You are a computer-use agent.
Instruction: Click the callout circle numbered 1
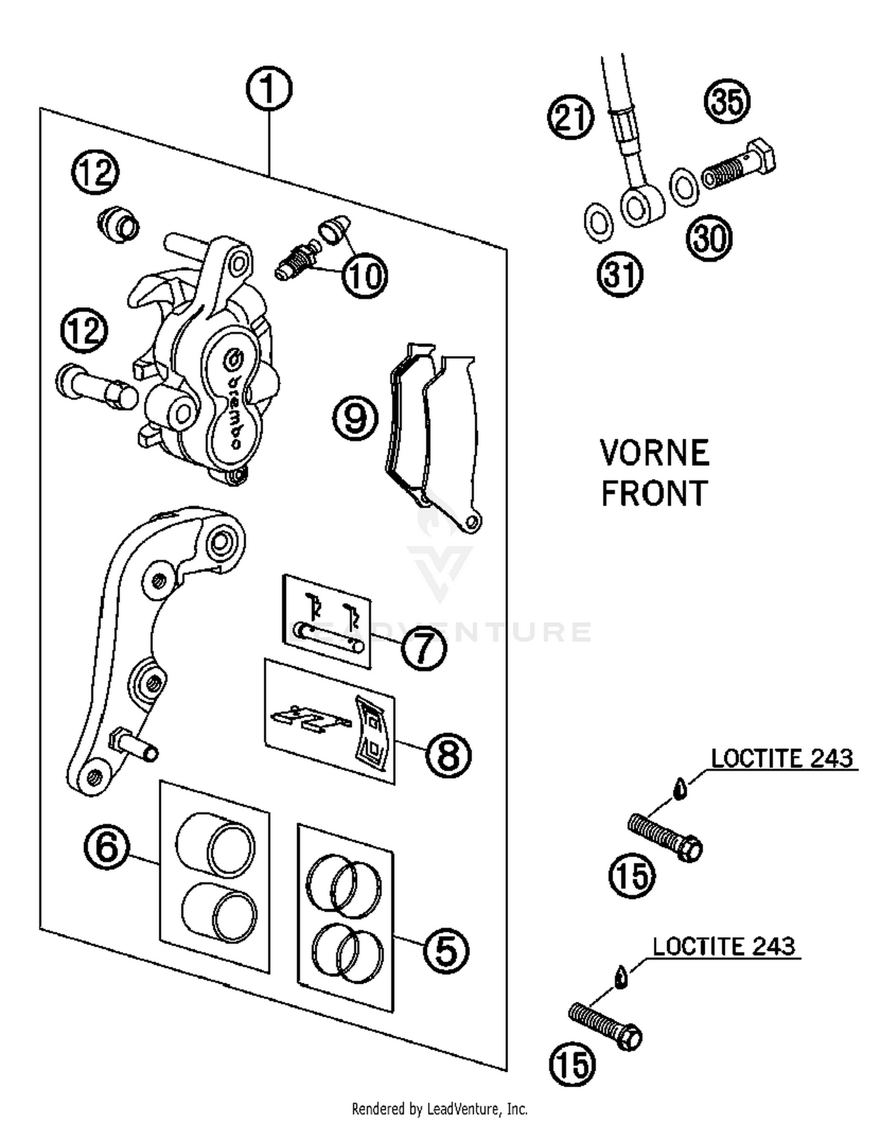coord(268,89)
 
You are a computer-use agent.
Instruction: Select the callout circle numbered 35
coord(727,101)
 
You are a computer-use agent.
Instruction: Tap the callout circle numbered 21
coord(570,117)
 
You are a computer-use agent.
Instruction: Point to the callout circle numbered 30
coord(709,238)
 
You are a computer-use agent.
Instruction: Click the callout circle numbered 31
coord(620,274)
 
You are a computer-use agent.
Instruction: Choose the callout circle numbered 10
coord(365,275)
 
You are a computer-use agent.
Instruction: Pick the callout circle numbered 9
coord(355,418)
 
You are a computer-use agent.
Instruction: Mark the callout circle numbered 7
coord(423,648)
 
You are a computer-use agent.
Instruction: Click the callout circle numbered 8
coord(448,755)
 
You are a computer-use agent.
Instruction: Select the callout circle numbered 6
coord(106,848)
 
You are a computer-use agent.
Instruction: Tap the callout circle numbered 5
coord(446,950)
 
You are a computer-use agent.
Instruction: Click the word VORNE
coord(654,453)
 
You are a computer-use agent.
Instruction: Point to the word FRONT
coord(654,493)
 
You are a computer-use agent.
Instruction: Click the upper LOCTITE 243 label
coord(782,758)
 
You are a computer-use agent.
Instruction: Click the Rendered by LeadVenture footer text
coord(439,1109)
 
